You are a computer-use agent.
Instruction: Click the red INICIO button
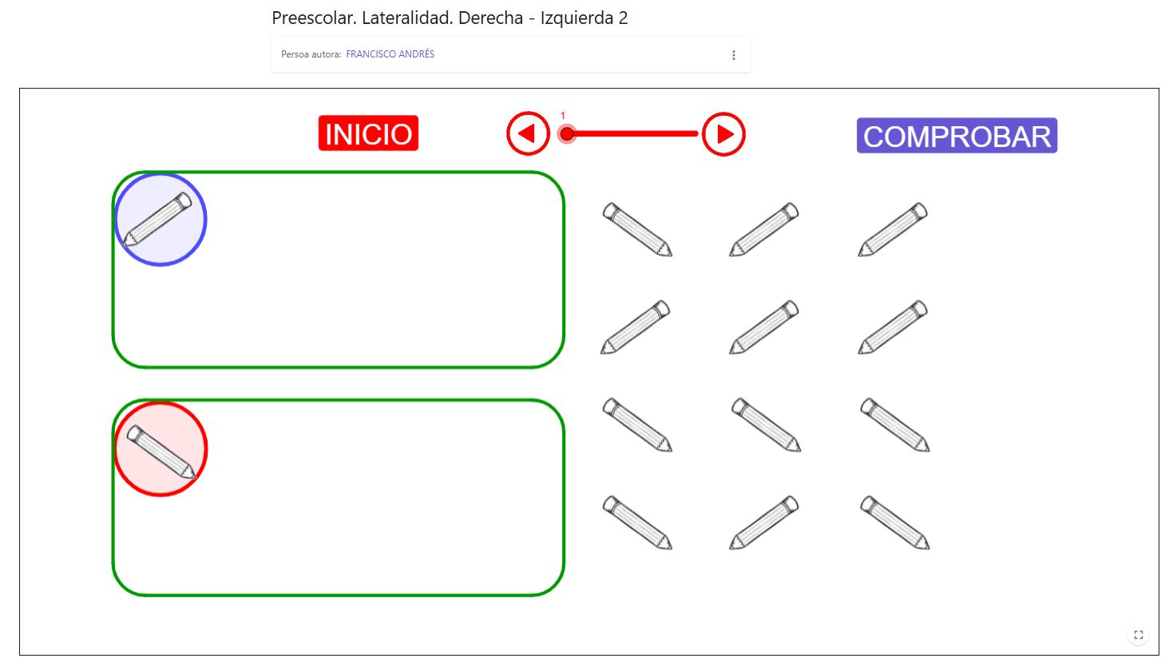pos(368,133)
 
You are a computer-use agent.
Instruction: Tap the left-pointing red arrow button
pos(528,134)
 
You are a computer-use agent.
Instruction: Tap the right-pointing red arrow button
pos(723,134)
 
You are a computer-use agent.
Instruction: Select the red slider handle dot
pos(567,134)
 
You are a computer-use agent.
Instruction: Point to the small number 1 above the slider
pos(563,116)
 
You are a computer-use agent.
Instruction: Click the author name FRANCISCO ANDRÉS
pos(390,54)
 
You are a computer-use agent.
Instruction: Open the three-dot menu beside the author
pos(733,55)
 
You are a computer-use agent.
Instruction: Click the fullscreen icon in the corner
pos(1139,635)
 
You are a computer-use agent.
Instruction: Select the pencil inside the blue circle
pos(158,219)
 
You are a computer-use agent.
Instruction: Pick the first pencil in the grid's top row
pos(637,229)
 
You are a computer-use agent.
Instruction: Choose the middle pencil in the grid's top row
pos(764,229)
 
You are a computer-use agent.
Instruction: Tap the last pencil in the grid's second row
pos(893,327)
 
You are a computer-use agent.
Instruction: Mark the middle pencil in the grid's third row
pos(766,425)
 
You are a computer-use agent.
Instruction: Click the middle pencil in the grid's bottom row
pos(764,522)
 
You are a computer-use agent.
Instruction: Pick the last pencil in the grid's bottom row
pos(895,522)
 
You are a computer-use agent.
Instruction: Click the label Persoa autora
pos(311,54)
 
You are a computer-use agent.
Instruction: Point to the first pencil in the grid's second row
pos(636,327)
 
